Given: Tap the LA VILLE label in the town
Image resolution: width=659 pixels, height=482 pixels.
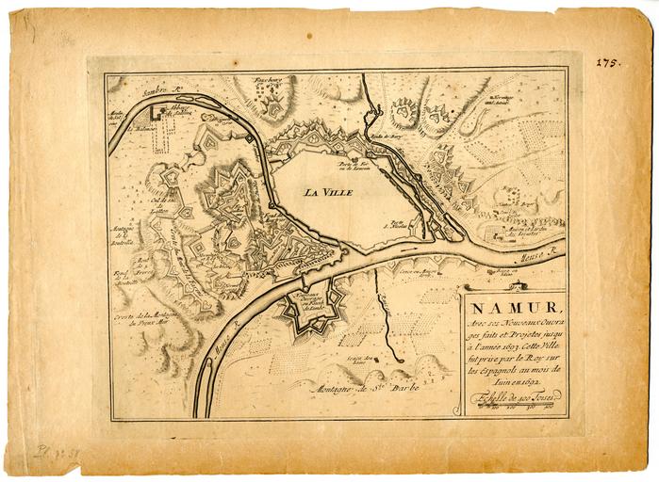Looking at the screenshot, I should [328, 192].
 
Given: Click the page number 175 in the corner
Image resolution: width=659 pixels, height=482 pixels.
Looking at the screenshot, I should [608, 62].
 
